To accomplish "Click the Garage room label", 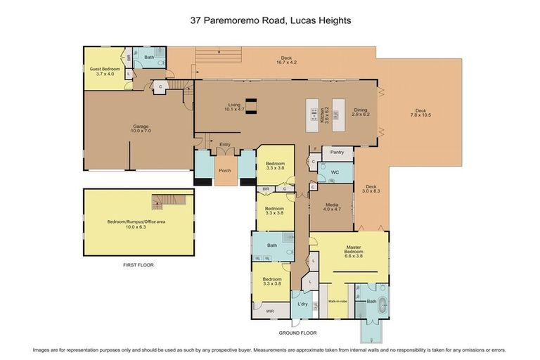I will pyautogui.click(x=141, y=129).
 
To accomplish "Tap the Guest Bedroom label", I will pyautogui.click(x=105, y=71).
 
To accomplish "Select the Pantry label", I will pyautogui.click(x=337, y=153).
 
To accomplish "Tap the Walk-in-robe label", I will pyautogui.click(x=338, y=301).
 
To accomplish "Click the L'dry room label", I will pyautogui.click(x=303, y=304).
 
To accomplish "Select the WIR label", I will pyautogui.click(x=269, y=311).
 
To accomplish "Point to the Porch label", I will pyautogui.click(x=225, y=170).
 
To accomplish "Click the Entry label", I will pyautogui.click(x=225, y=145).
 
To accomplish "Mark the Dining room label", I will pyautogui.click(x=361, y=112).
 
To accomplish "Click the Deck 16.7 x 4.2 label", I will pyautogui.click(x=287, y=60).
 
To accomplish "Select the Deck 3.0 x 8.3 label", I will pyautogui.click(x=371, y=188).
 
